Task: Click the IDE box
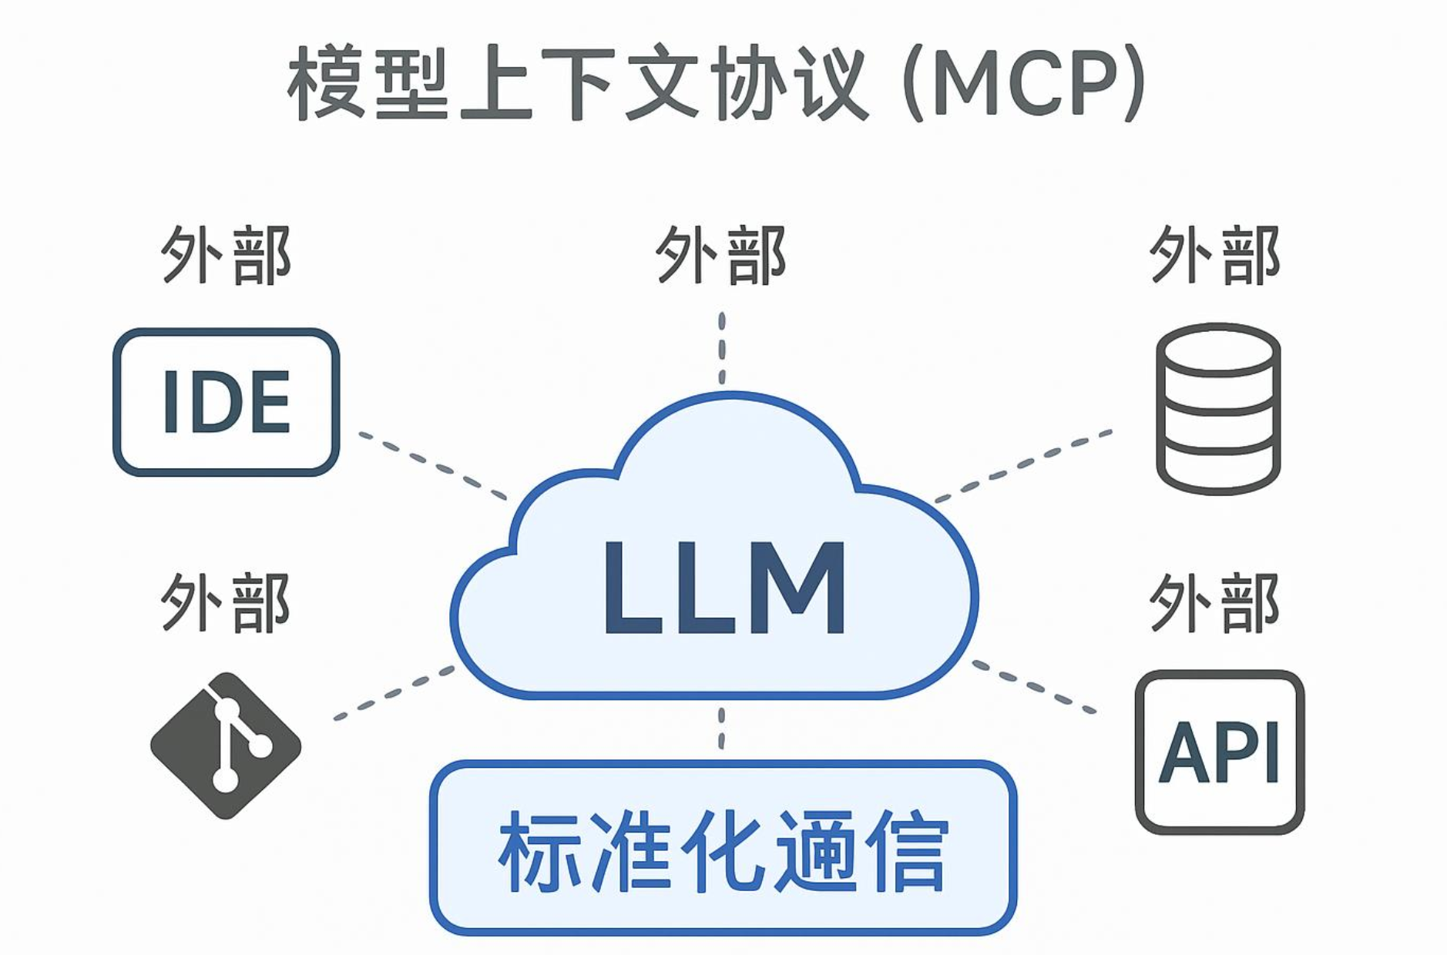pos(226,401)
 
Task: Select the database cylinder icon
pos(1217,408)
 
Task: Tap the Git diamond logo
pos(225,745)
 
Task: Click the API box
pos(1219,752)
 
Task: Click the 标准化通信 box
pos(723,847)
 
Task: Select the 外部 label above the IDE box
pos(226,255)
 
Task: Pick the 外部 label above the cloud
pos(721,255)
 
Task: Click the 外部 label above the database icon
pos(1215,255)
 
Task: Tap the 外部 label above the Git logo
pos(226,602)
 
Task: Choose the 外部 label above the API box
pos(1215,602)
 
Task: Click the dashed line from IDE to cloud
pos(433,465)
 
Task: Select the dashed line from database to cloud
pos(1024,464)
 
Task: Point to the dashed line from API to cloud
pos(1034,685)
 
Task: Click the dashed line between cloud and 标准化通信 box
pos(721,728)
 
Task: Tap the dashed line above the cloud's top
pos(721,347)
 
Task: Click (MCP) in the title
pos(1025,83)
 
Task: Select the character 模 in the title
pos(327,83)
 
